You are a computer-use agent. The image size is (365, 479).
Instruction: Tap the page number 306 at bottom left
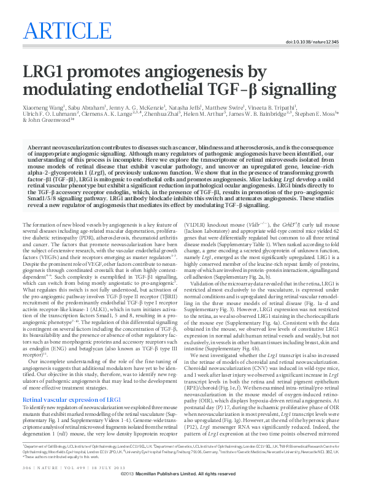27,468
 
